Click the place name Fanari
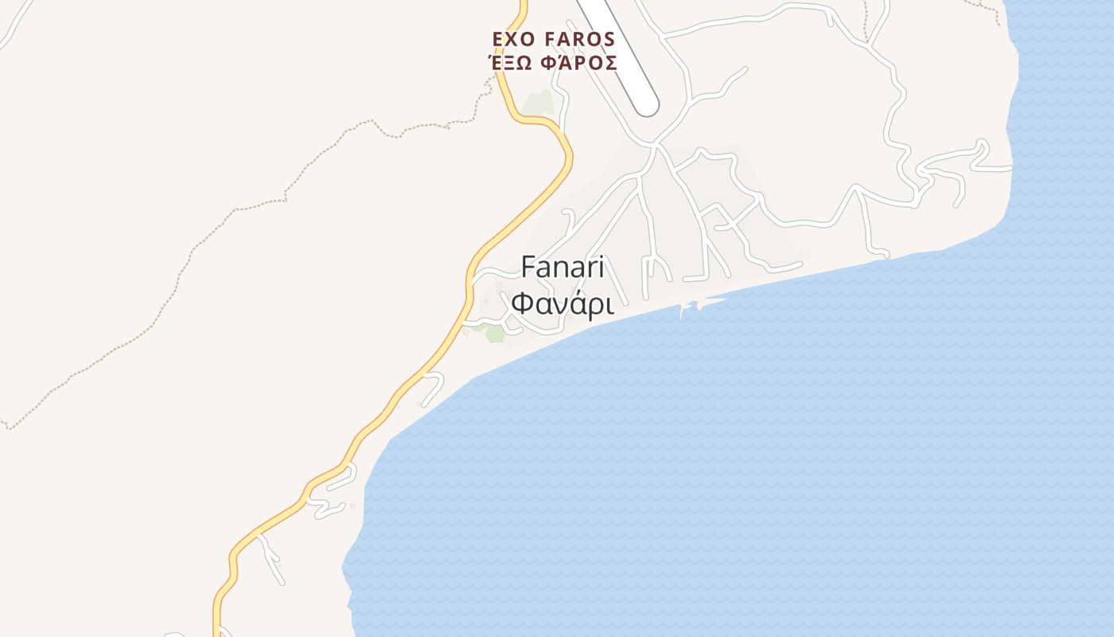[x=563, y=268]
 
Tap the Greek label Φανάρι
[x=563, y=304]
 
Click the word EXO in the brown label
[x=511, y=39]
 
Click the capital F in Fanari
[x=528, y=268]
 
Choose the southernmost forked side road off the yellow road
[x=271, y=557]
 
